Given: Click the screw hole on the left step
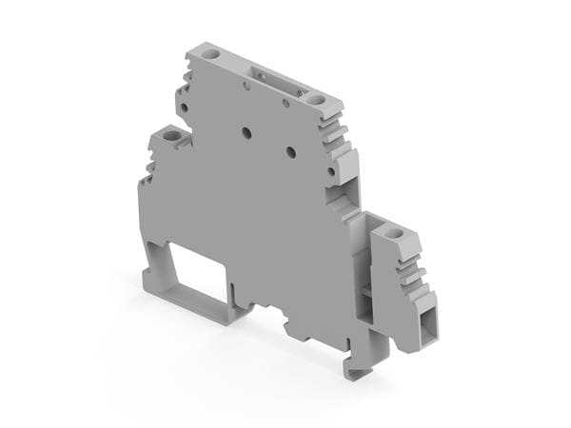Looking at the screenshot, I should (171, 137).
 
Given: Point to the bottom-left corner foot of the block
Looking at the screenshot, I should (150, 280).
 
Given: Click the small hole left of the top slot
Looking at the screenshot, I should (246, 87).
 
